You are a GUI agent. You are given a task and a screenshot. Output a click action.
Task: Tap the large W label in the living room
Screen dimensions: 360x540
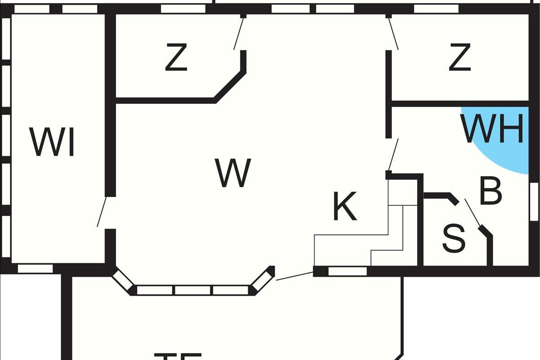(233, 173)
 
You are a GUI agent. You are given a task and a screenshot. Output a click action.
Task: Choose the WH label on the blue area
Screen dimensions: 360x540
(494, 129)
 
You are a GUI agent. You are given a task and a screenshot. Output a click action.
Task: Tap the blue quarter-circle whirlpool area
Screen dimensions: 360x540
(504, 148)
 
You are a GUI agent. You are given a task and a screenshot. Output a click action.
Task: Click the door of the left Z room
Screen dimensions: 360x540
(238, 33)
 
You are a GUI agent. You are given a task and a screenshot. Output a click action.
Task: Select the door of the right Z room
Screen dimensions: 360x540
(393, 33)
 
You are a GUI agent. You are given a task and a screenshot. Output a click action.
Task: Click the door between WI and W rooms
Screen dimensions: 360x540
(102, 211)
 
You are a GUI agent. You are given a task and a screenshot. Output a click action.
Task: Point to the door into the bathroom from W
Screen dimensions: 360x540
(393, 154)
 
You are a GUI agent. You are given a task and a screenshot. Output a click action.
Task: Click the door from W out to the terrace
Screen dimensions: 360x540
(295, 276)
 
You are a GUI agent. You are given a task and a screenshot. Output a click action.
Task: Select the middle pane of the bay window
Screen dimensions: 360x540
(193, 290)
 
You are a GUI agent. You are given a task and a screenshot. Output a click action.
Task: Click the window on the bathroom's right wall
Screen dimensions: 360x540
(534, 202)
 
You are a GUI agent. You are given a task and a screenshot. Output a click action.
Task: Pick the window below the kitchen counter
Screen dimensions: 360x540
(347, 271)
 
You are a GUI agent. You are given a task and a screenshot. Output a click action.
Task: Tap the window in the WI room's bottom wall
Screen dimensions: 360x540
(35, 269)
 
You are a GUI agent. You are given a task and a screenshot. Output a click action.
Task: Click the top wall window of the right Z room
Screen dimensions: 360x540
(436, 9)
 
